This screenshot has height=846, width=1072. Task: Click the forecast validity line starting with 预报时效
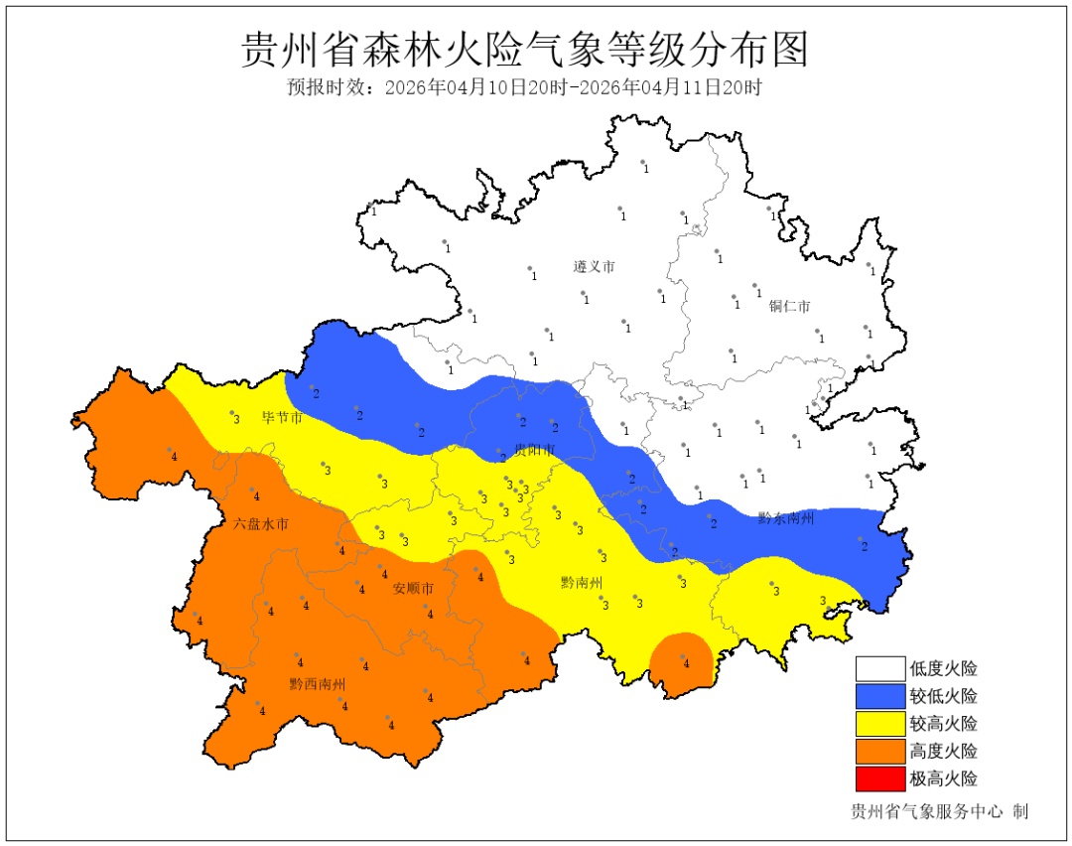pyautogui.click(x=525, y=87)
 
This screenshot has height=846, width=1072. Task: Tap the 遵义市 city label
pyautogui.click(x=594, y=267)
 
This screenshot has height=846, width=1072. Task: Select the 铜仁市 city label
pyautogui.click(x=789, y=306)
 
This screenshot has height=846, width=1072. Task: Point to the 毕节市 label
pyautogui.click(x=281, y=418)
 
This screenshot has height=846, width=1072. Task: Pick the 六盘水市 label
pyautogui.click(x=261, y=523)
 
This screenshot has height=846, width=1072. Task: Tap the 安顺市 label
pyautogui.click(x=413, y=589)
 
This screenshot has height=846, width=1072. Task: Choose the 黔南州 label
pyautogui.click(x=582, y=583)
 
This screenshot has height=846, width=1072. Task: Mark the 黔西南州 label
pyautogui.click(x=318, y=684)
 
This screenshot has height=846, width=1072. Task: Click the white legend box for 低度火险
pyautogui.click(x=880, y=669)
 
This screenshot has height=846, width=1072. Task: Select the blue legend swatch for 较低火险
pyautogui.click(x=880, y=696)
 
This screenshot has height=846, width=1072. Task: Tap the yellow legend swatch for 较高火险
pyautogui.click(x=880, y=724)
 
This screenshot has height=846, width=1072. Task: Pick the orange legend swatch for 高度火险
pyautogui.click(x=880, y=751)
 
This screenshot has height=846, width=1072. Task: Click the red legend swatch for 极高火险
pyautogui.click(x=880, y=778)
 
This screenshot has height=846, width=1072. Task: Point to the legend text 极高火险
pyautogui.click(x=943, y=778)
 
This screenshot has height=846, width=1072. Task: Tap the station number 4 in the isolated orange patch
pyautogui.click(x=686, y=663)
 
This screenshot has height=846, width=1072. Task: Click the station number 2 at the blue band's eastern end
pyautogui.click(x=864, y=546)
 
